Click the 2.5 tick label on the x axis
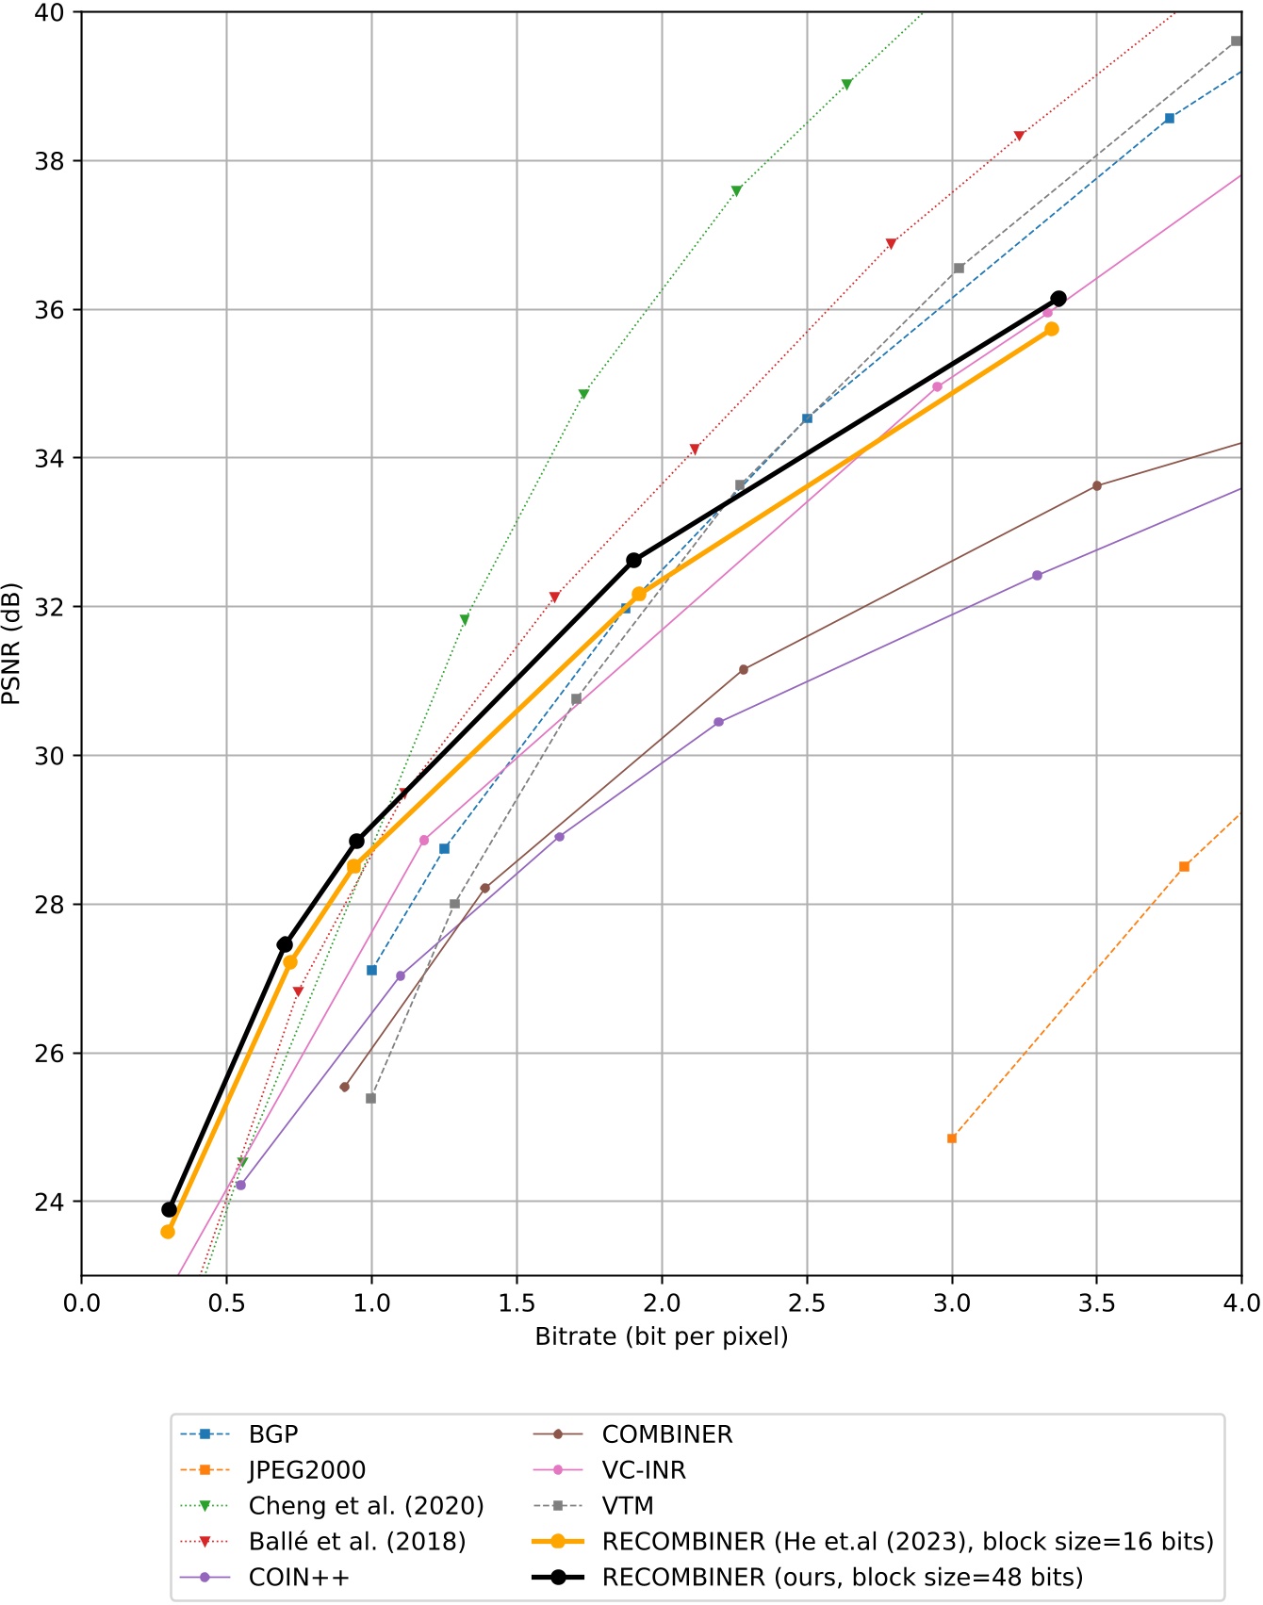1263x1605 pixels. [807, 1303]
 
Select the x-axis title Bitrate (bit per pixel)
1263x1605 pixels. [662, 1337]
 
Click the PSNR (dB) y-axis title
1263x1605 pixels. [12, 644]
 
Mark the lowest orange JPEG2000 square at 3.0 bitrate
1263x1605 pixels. [952, 1138]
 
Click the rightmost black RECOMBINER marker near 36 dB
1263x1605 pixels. [1058, 299]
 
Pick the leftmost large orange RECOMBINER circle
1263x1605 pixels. [168, 1232]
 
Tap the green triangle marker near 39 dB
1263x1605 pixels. [846, 85]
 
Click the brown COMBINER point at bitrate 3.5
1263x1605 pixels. [1096, 486]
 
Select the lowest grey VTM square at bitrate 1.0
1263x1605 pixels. [371, 1099]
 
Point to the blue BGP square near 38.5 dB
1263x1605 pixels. [1170, 119]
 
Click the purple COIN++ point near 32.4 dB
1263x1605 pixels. [1037, 576]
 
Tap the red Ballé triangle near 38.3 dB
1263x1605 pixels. [1019, 136]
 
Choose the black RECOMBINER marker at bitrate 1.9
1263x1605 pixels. [633, 561]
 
